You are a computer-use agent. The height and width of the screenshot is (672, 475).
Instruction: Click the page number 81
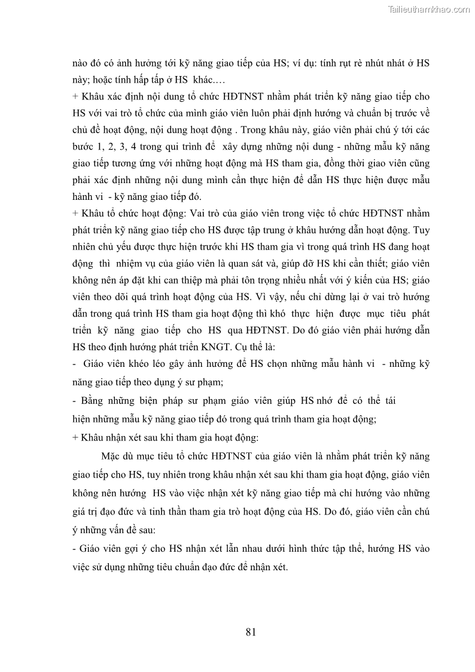click(x=251, y=631)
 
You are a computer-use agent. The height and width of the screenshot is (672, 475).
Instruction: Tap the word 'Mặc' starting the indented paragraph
click(x=114, y=455)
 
